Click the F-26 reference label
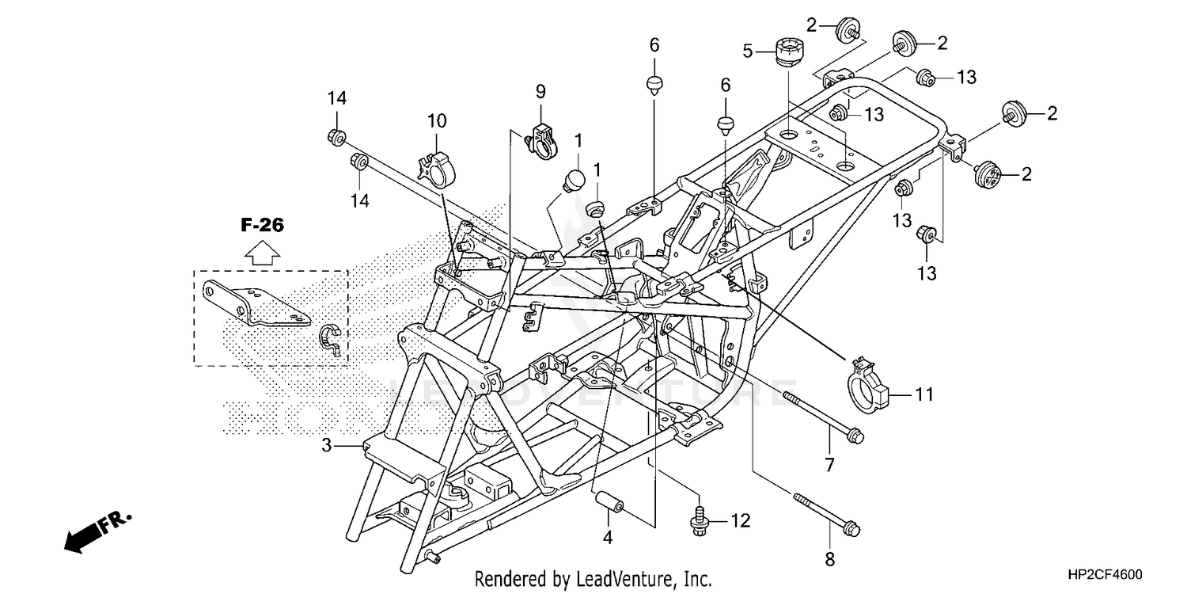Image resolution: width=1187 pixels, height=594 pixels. coord(262,226)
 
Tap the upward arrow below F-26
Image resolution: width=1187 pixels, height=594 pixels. coord(261,253)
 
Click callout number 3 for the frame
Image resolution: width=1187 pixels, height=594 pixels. coord(326,445)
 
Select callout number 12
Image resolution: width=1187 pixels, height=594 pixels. coord(740,520)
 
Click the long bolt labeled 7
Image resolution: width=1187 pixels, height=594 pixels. coord(823,415)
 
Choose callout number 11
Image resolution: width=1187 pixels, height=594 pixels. coord(924,393)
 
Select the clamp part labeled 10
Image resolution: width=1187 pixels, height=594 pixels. coord(437,164)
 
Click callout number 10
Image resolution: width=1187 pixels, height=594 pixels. coord(437,121)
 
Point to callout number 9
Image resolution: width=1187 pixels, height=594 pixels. coord(540,91)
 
